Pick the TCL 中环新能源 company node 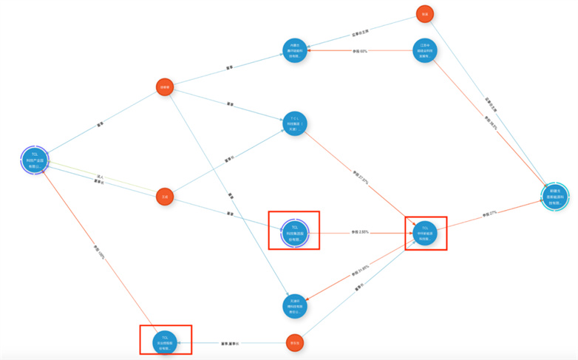tap(424, 233)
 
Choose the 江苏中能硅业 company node tap(424, 50)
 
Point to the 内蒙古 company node tap(294, 50)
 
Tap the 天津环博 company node tap(294, 305)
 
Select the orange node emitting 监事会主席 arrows tap(424, 14)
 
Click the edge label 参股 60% tap(360, 51)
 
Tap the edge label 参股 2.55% tap(360, 233)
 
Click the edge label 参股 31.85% tap(359, 269)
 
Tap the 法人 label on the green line tap(99, 176)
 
